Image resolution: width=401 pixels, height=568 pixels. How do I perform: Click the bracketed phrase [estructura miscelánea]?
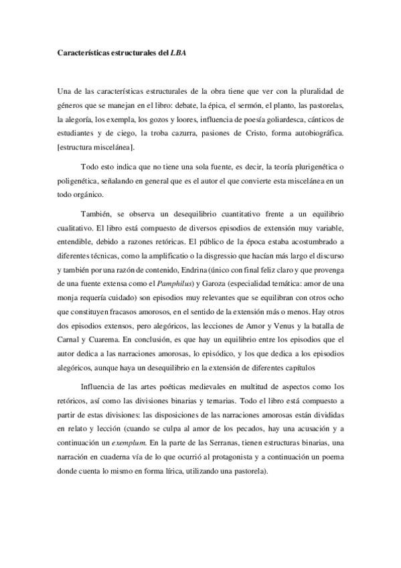click(x=97, y=147)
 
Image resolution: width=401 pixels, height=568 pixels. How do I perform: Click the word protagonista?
click(x=233, y=457)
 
